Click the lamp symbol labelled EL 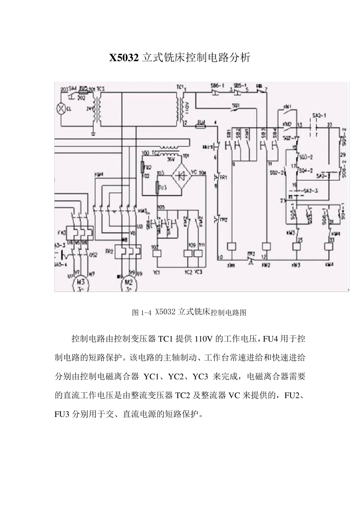point(61,109)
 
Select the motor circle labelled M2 point(129,283)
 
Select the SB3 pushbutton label point(263,134)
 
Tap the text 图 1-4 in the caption point(141,313)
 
